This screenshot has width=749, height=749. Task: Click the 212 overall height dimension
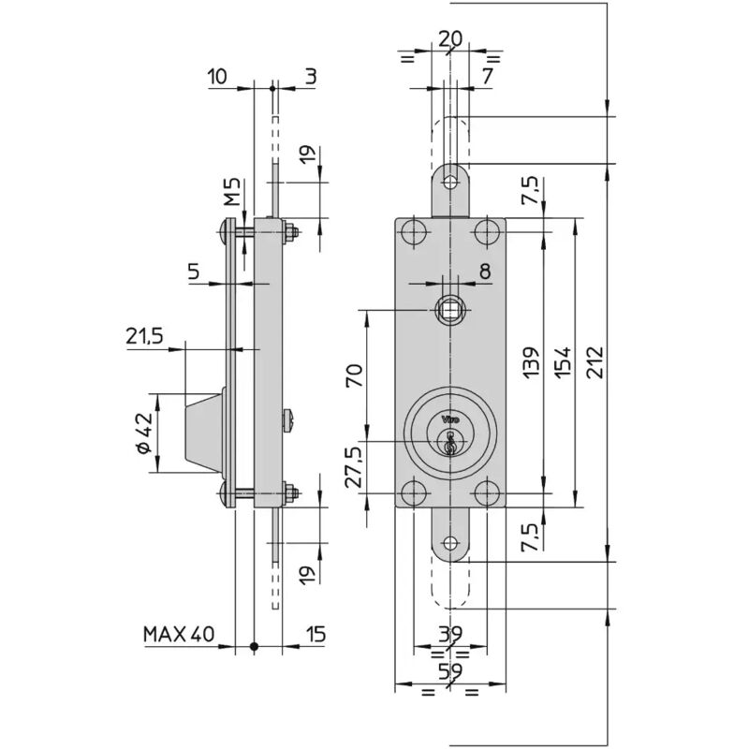coord(595,362)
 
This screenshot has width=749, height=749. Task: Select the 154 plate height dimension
coord(563,362)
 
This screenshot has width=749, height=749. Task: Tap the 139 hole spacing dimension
coord(531,362)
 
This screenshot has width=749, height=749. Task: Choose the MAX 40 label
coord(179,635)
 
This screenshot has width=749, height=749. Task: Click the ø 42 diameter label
coord(144,433)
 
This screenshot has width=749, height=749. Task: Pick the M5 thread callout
coord(232,192)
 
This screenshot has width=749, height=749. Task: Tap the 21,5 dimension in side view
coord(144,336)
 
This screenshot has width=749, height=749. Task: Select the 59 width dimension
coord(450,671)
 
